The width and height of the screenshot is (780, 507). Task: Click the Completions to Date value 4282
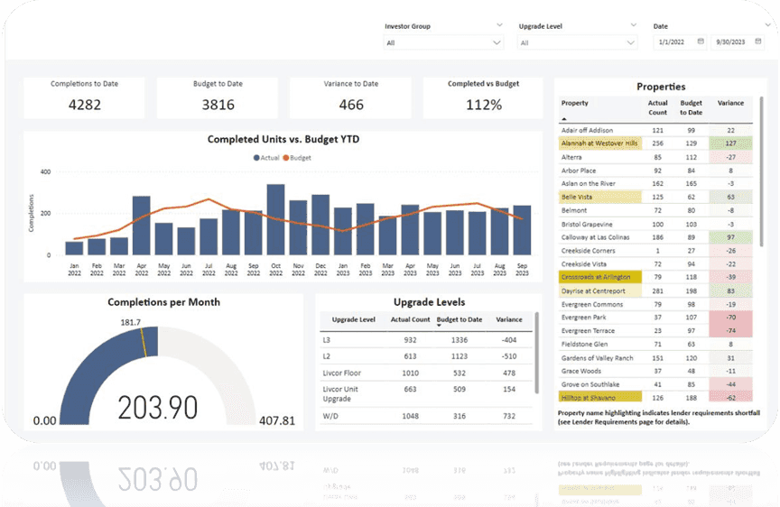[x=84, y=105]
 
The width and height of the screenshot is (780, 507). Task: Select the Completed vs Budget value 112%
[x=484, y=105]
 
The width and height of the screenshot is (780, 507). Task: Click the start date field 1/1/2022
[x=677, y=42]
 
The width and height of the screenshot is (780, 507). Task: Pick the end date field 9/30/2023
[x=733, y=42]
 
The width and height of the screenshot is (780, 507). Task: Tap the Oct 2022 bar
[x=275, y=220]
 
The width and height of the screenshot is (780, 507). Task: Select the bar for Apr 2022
[x=141, y=226]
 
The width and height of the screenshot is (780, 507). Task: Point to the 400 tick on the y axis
[x=44, y=171]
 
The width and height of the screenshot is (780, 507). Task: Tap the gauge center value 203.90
[x=158, y=408]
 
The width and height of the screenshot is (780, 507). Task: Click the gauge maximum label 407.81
[x=277, y=420]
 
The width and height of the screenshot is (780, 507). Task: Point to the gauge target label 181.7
[x=130, y=322]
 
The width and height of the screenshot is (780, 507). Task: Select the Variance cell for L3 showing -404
[x=508, y=340]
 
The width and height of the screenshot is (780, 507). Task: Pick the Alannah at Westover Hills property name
[x=599, y=143]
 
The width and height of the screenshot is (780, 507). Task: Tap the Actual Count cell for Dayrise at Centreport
[x=657, y=290]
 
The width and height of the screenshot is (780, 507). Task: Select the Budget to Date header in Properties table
[x=692, y=107]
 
